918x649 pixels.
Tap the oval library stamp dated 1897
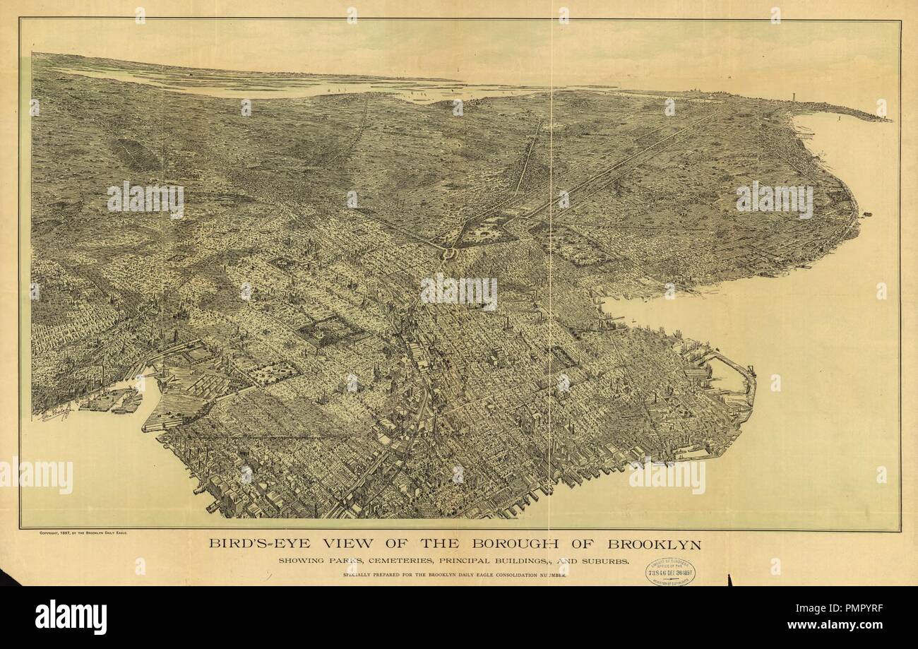click(669, 572)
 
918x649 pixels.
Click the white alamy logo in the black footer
click(71, 617)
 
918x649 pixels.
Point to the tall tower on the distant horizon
click(794, 100)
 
